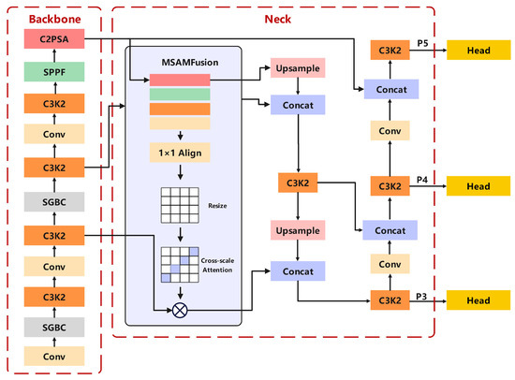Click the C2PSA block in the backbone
point(54,38)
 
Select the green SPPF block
point(54,71)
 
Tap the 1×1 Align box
point(180,153)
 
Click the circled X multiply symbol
point(180,310)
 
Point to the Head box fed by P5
point(478,50)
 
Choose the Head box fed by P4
point(478,186)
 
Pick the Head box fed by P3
point(478,300)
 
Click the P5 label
point(422,43)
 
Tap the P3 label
point(421,297)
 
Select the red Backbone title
point(55,19)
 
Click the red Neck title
point(278,19)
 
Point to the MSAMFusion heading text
point(190,63)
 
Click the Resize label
point(217,206)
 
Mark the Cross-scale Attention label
point(217,265)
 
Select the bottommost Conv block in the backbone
point(54,356)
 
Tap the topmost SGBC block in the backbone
point(54,201)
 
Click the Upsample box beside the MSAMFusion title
point(298,68)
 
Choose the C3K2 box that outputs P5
point(390,50)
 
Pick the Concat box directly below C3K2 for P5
point(391,89)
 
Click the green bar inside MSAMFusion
point(180,95)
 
